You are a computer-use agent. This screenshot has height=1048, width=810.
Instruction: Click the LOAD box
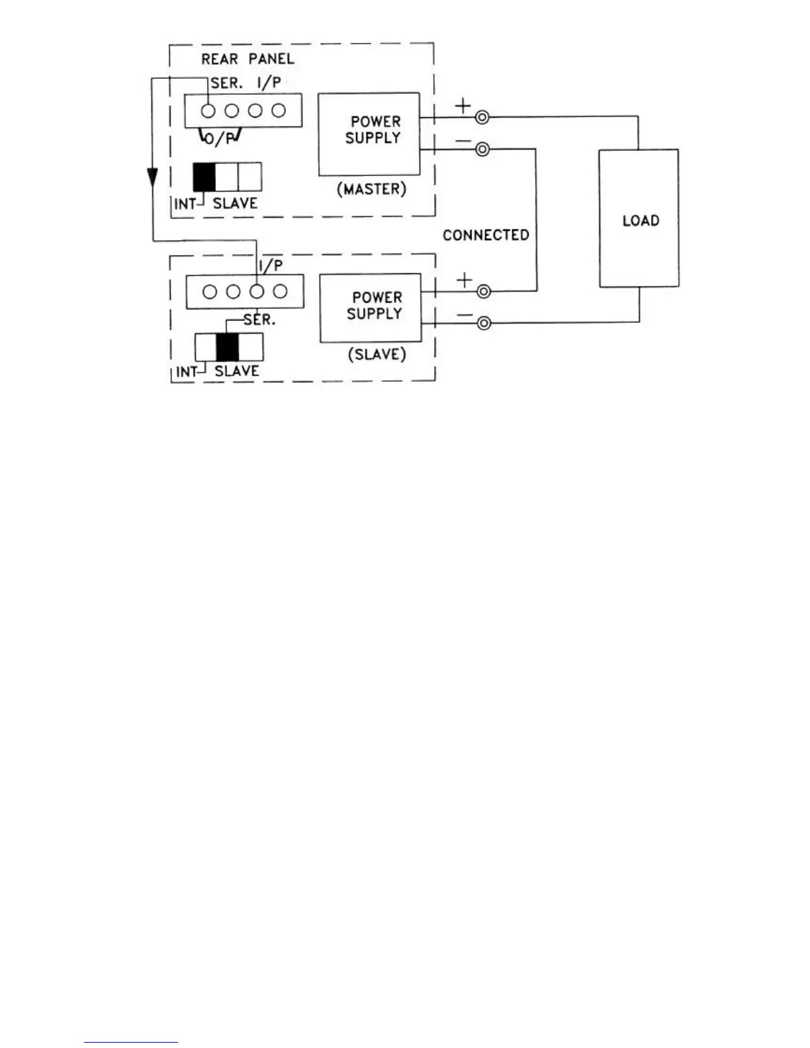click(x=639, y=218)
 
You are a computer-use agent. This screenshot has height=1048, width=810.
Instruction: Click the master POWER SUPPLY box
click(x=369, y=134)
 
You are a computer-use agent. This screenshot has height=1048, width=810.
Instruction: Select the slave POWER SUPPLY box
click(x=370, y=308)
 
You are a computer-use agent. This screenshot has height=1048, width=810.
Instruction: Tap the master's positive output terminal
click(x=482, y=118)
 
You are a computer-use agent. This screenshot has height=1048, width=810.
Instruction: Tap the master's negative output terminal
click(x=482, y=150)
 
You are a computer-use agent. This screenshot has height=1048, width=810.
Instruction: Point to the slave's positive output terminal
click(x=484, y=291)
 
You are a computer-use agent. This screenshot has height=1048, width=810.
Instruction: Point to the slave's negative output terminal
click(x=484, y=323)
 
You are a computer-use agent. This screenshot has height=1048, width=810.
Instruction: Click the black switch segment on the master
click(x=204, y=177)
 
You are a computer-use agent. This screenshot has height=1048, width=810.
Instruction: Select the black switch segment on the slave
click(x=228, y=347)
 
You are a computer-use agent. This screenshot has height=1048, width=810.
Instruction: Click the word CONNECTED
click(x=486, y=236)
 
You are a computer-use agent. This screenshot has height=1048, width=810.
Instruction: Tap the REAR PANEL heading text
click(x=247, y=59)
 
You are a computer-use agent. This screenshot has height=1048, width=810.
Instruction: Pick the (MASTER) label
click(x=371, y=189)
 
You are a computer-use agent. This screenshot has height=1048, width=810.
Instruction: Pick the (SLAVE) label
click(x=377, y=355)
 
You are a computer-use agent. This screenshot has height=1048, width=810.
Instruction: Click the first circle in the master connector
click(x=208, y=111)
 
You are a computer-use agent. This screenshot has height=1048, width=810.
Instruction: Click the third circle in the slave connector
click(x=257, y=291)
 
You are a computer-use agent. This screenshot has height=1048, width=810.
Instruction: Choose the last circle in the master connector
click(x=279, y=111)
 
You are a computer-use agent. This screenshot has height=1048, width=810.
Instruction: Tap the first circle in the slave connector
click(x=209, y=291)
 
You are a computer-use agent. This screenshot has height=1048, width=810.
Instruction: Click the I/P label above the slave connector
click(x=271, y=266)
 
